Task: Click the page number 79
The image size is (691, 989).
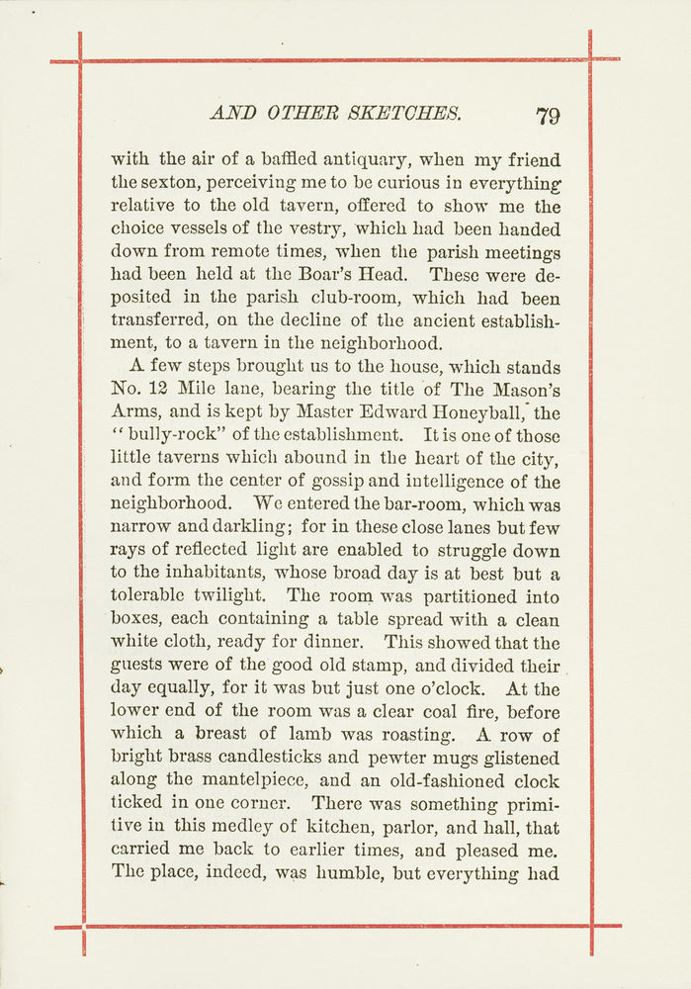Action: pos(548,115)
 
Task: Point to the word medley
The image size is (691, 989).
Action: pos(258,826)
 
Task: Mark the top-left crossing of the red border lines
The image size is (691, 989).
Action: pos(80,61)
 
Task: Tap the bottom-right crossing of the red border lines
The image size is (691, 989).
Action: pos(591,927)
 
